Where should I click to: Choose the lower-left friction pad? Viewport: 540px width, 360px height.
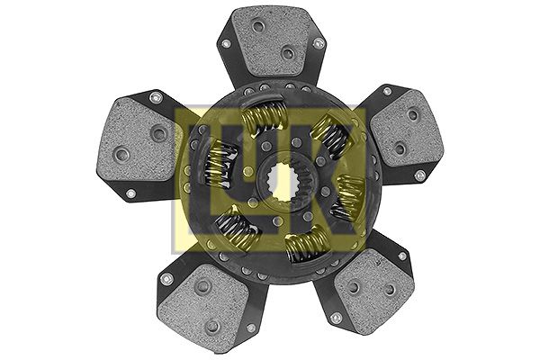(204, 304)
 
